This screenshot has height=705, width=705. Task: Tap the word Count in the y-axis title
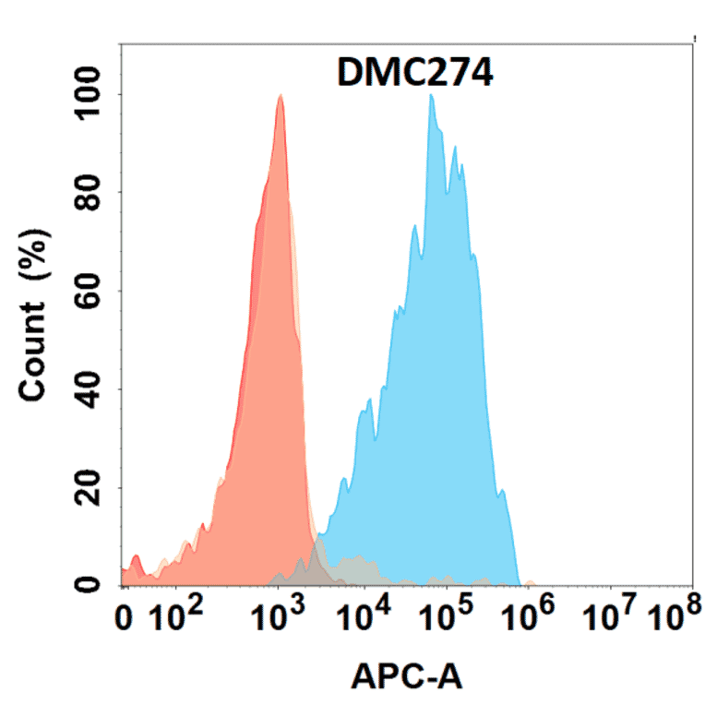(x=34, y=350)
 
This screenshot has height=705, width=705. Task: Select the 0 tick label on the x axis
(x=128, y=619)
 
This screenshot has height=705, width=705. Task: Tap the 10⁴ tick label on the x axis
(x=364, y=617)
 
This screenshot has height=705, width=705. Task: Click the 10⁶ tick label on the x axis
(x=531, y=617)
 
